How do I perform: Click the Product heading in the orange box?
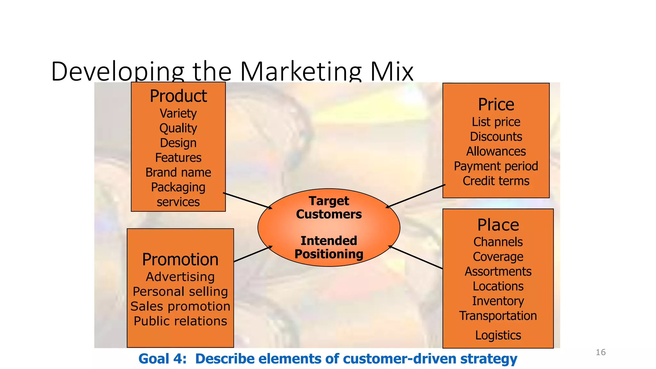[178, 96]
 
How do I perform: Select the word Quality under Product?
[178, 128]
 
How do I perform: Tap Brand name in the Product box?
[178, 172]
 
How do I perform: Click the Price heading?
[496, 104]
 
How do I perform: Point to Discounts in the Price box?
[496, 136]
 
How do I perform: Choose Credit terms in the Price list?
[496, 181]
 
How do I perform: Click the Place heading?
[498, 225]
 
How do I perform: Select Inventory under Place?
[498, 301]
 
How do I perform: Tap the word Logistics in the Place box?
[498, 335]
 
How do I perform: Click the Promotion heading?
[180, 259]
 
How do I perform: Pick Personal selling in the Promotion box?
[180, 291]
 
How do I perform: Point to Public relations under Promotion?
[180, 321]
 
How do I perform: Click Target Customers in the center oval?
[329, 208]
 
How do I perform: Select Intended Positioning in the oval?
[329, 247]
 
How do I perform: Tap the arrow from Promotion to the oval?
[253, 254]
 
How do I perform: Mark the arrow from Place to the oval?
[416, 257]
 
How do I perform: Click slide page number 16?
[600, 352]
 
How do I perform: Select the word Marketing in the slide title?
[300, 71]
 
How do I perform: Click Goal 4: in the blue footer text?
[162, 359]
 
